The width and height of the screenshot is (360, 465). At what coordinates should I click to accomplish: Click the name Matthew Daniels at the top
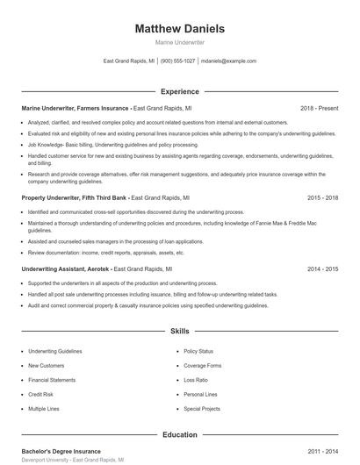180,29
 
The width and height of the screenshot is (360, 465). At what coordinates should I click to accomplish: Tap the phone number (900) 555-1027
177,61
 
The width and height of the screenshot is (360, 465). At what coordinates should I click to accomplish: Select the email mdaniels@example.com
228,61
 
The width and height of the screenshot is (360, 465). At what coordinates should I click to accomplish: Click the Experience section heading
180,90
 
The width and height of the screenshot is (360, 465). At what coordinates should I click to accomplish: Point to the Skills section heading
180,331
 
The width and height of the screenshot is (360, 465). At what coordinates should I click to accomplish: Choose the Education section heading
180,434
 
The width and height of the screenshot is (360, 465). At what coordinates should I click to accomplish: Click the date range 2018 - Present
320,108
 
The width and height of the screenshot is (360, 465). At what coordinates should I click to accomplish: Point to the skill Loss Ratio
196,380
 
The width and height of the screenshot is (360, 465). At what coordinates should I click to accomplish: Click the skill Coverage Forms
203,365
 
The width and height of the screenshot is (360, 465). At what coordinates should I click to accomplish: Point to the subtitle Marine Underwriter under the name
180,42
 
